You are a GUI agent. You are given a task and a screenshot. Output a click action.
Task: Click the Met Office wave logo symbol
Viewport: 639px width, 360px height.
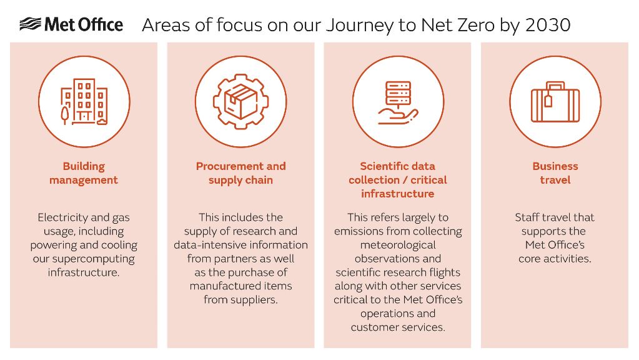coord(30,24)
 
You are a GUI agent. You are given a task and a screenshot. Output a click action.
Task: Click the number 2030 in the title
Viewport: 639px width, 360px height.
coord(548,25)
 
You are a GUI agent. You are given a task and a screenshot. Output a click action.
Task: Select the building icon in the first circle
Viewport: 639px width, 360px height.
coord(84,101)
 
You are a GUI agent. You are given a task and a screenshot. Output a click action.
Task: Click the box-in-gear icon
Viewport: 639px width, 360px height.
coord(241,101)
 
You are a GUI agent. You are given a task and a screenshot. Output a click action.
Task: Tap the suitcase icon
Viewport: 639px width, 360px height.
coord(555,102)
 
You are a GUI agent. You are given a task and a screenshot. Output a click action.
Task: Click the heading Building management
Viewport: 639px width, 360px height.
coord(84,173)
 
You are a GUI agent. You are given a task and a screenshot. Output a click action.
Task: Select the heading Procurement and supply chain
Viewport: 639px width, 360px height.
coord(241,173)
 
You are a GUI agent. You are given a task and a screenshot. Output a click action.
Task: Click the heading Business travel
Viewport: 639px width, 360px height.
coord(555,173)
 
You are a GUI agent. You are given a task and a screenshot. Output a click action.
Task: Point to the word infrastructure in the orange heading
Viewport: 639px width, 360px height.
coord(398,194)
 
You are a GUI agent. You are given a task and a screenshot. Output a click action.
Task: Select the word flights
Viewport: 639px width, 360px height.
coord(445,272)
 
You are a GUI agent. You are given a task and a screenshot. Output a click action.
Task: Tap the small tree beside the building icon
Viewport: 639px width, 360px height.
coord(65,114)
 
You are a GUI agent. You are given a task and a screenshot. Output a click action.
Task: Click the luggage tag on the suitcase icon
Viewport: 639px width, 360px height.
coord(548,100)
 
